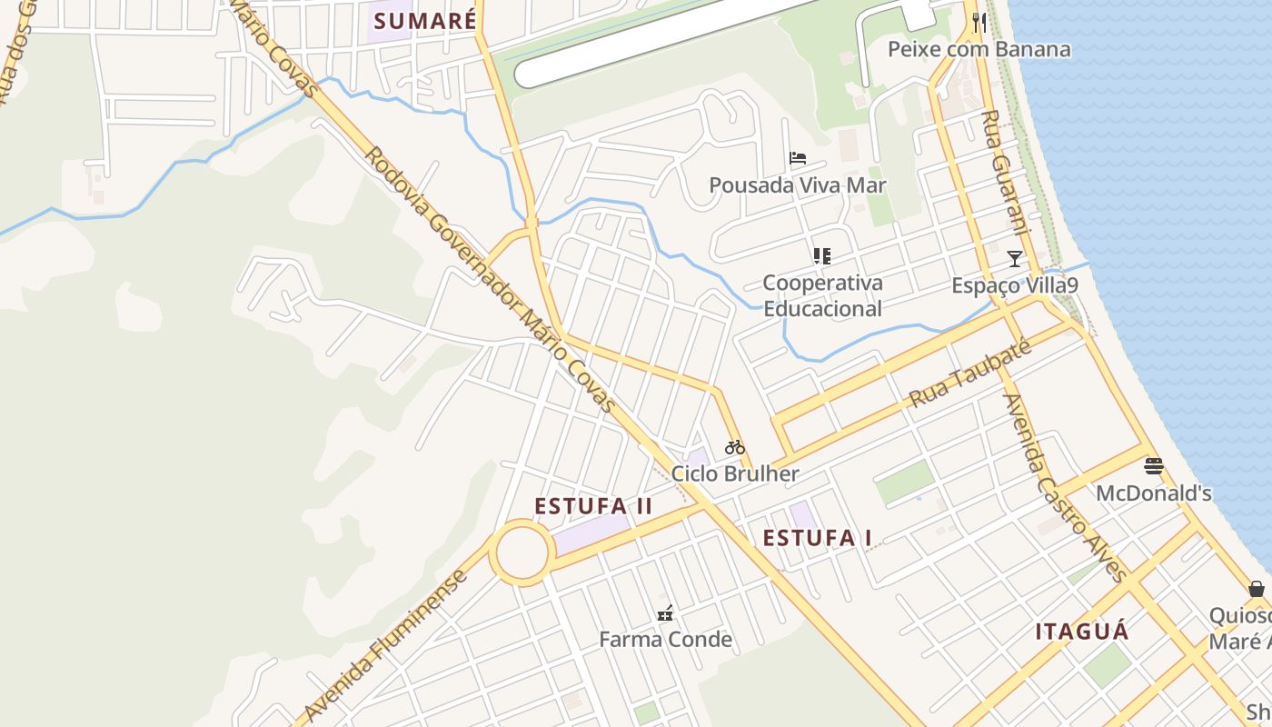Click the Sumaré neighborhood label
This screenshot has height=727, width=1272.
[x=424, y=21]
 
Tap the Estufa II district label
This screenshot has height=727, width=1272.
[x=593, y=506]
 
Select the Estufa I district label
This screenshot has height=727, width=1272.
[x=817, y=538]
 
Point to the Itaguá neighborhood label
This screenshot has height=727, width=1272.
[x=1082, y=632]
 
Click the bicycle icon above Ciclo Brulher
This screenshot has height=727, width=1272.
[x=734, y=447]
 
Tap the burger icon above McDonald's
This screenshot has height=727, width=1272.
[x=1154, y=467]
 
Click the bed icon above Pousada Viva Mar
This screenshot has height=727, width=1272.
[x=798, y=158]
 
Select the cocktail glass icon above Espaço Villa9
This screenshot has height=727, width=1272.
[x=1015, y=259]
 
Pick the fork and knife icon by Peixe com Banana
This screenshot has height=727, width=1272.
[x=979, y=23]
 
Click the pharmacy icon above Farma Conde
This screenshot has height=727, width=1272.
[x=665, y=613]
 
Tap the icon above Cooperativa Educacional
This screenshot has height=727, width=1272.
[x=822, y=256]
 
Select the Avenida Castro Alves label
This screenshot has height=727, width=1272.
[x=1064, y=486]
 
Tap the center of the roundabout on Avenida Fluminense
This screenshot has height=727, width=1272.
[x=522, y=552]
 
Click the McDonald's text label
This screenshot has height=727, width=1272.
[x=1154, y=493]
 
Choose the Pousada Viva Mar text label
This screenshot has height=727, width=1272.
[x=797, y=185]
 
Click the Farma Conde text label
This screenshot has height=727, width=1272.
[x=665, y=640]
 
